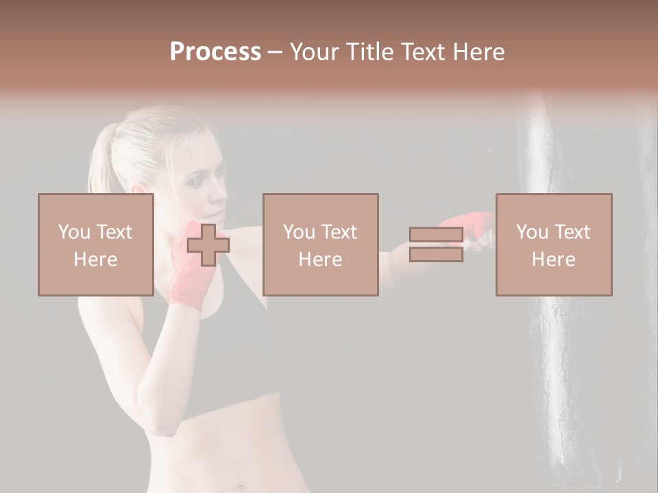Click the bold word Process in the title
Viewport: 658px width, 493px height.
pos(215,52)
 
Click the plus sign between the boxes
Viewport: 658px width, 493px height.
pos(208,245)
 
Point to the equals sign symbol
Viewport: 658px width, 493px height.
pos(436,244)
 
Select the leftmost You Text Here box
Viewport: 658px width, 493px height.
pos(95,244)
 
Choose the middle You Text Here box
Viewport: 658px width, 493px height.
pos(320,244)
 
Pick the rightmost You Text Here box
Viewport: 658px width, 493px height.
pos(553,244)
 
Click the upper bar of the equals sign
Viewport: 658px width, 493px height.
pos(436,235)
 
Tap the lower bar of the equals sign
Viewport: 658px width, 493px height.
pos(436,254)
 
